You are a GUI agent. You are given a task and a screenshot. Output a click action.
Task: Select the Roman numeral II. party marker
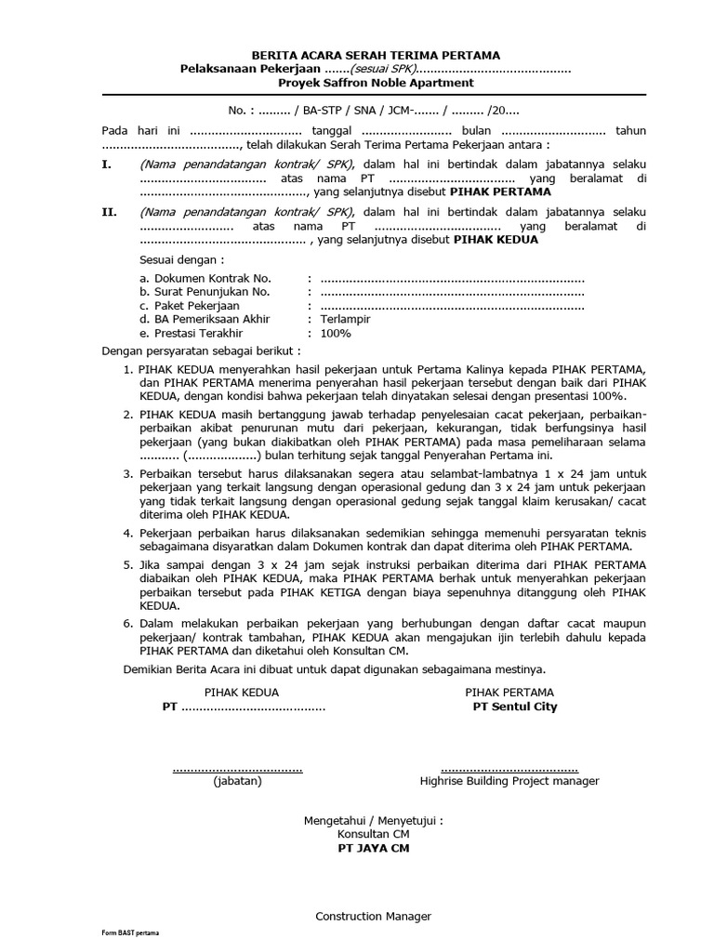[109, 212]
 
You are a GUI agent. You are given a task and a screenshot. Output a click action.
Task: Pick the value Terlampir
[345, 319]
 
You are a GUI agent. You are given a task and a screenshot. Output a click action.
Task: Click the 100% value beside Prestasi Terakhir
[336, 333]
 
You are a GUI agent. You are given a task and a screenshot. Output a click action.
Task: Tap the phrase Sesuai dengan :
[181, 259]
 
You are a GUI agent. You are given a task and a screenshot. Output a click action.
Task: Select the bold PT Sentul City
[515, 707]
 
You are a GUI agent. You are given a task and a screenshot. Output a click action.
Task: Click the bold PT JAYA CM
[372, 848]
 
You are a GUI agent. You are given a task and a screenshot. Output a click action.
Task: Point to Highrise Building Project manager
[509, 781]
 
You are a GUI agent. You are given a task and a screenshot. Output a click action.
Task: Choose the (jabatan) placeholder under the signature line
[237, 781]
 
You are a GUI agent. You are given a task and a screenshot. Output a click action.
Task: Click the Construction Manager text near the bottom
[373, 916]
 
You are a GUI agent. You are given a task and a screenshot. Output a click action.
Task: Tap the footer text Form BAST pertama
[130, 932]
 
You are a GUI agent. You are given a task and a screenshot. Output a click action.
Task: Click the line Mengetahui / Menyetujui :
[373, 821]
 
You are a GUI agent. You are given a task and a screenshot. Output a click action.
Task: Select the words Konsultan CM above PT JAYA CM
[373, 835]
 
